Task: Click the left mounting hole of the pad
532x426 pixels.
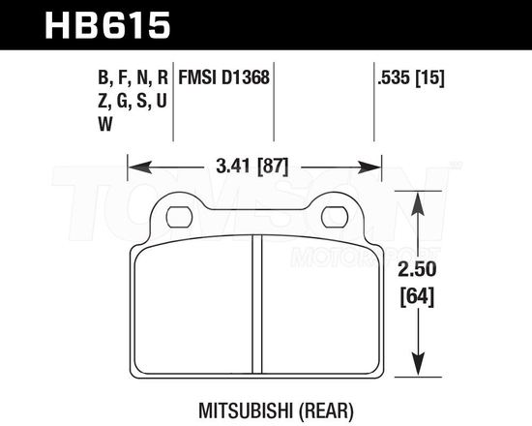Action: pyautogui.click(x=179, y=215)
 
